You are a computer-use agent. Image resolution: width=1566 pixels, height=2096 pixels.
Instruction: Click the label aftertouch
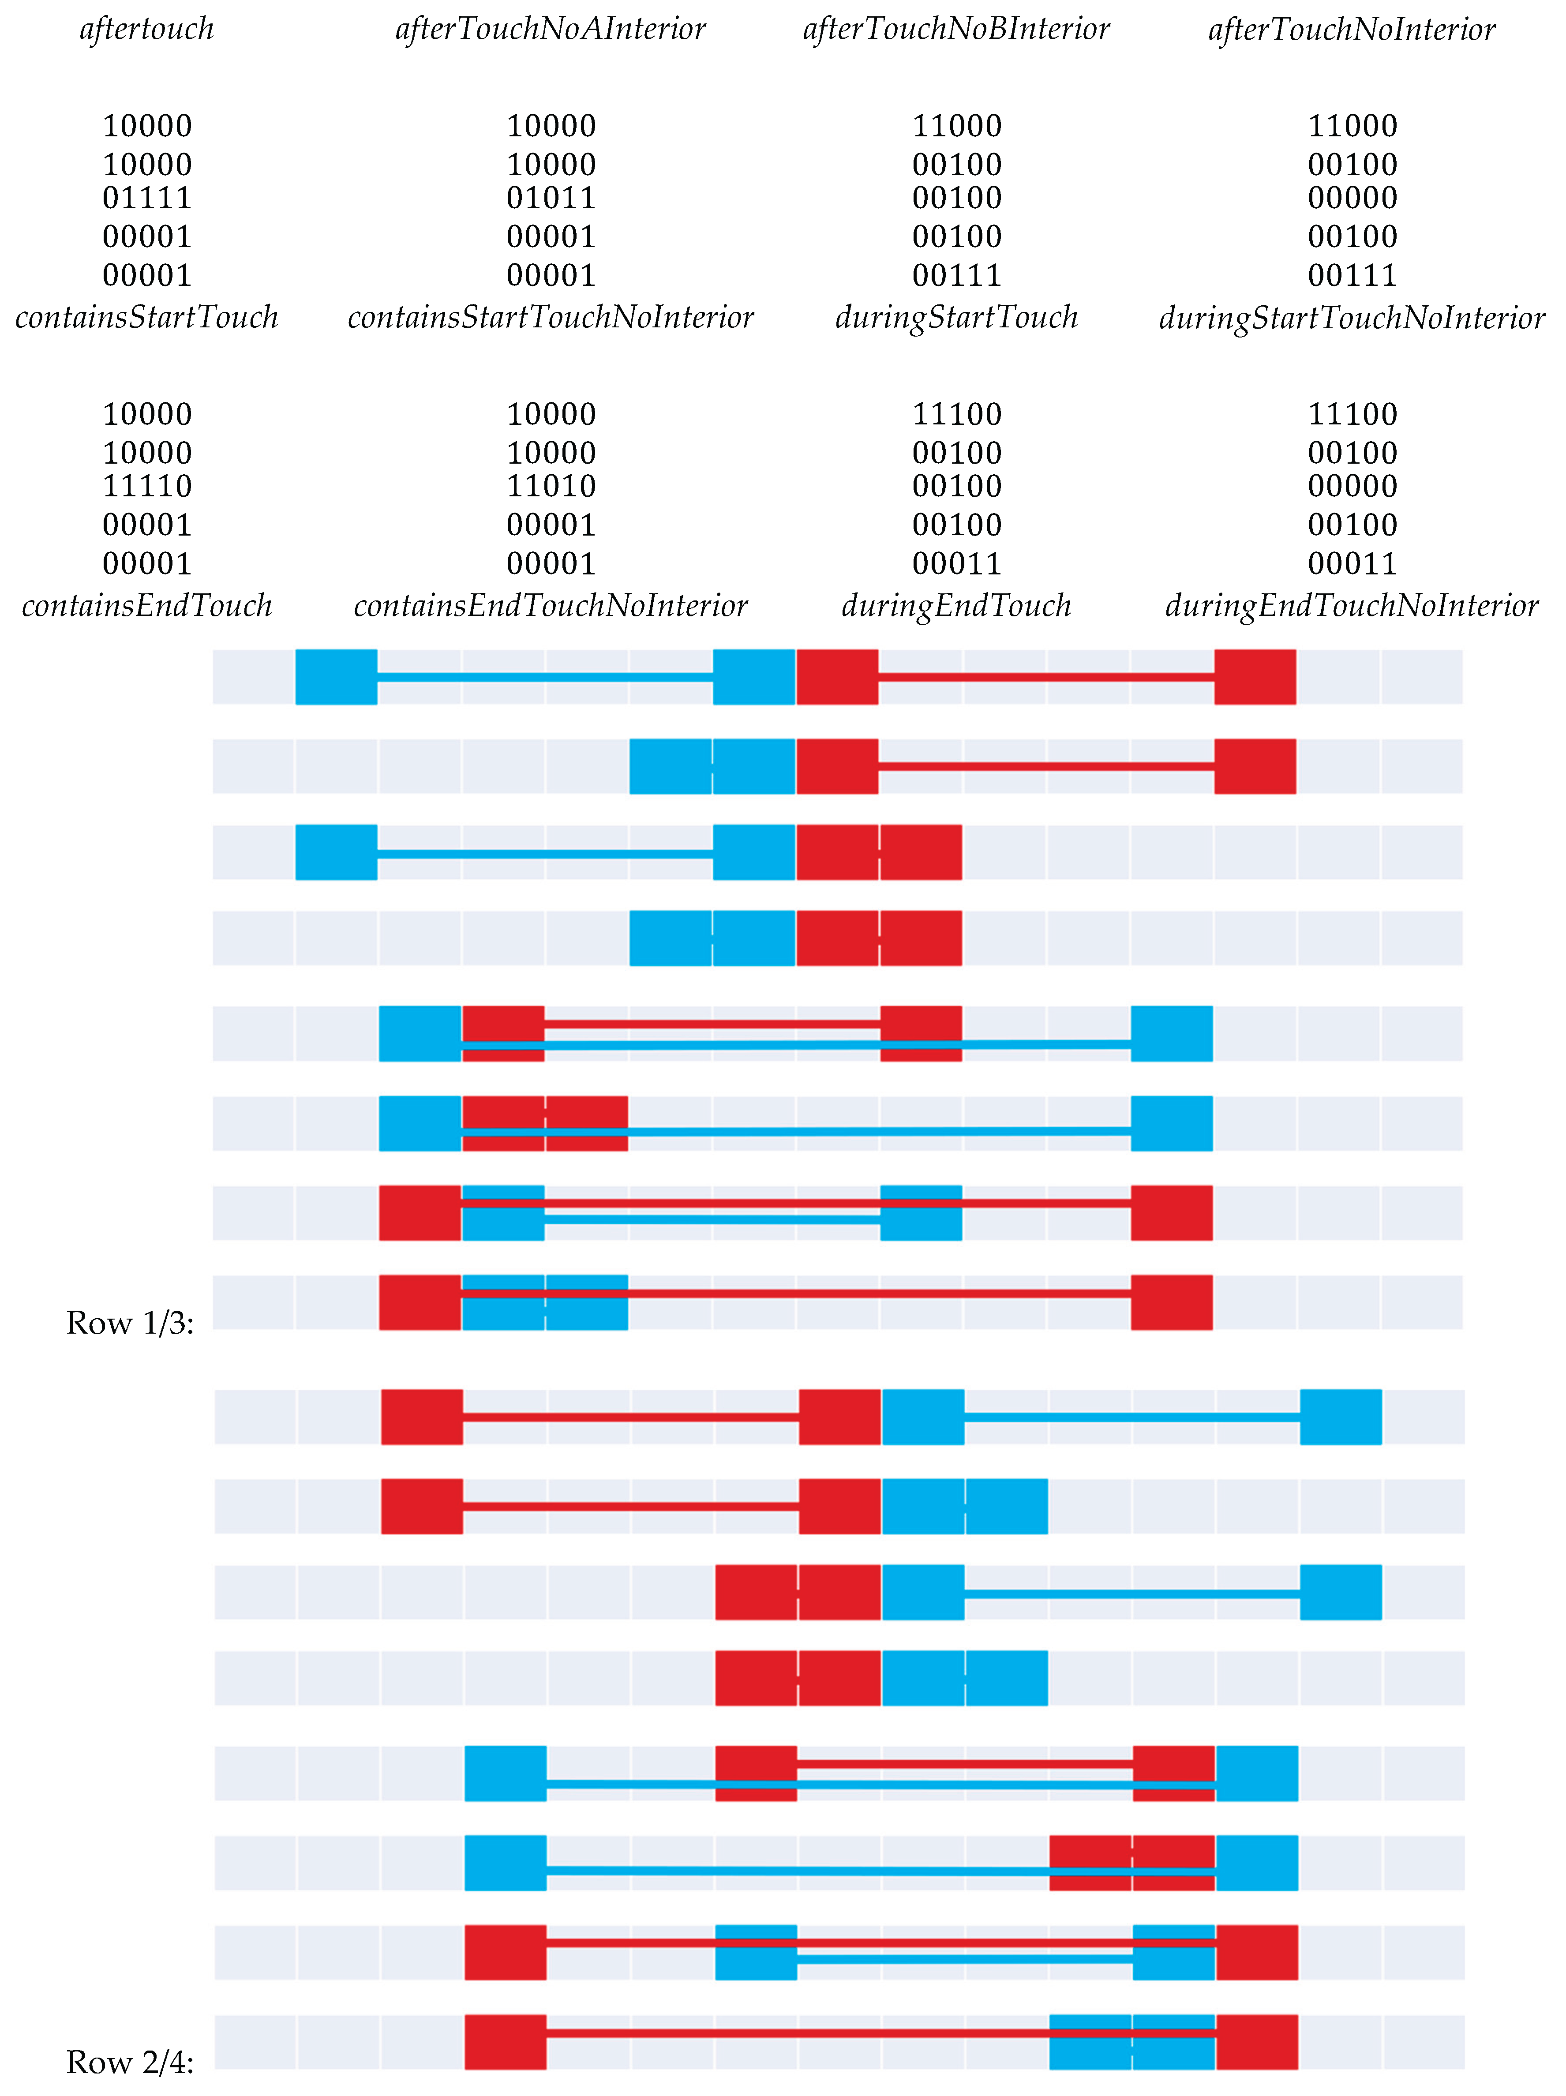[x=147, y=30]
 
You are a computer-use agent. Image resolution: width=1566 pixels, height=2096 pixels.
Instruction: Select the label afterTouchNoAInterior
[x=551, y=30]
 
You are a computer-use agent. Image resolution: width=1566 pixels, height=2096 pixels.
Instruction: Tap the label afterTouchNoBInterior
[x=956, y=30]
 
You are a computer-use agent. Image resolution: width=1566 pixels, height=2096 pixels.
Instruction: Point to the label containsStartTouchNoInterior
[x=551, y=318]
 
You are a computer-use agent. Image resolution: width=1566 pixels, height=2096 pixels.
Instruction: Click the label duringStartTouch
[x=956, y=318]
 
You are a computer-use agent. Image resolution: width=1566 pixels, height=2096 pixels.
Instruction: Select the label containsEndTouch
[x=147, y=605]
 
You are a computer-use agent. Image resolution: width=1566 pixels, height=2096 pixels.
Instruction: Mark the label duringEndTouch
[x=956, y=605]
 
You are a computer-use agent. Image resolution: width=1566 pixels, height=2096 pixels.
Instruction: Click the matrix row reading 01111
[x=147, y=198]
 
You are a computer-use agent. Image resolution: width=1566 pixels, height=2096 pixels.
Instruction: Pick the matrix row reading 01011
[x=551, y=198]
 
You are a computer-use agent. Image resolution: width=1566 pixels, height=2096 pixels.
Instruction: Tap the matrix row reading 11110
[x=147, y=486]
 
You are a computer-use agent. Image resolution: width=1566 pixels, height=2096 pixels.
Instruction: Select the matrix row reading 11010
[x=551, y=486]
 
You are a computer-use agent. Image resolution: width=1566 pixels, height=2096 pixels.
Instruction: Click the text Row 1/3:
[x=130, y=1323]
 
